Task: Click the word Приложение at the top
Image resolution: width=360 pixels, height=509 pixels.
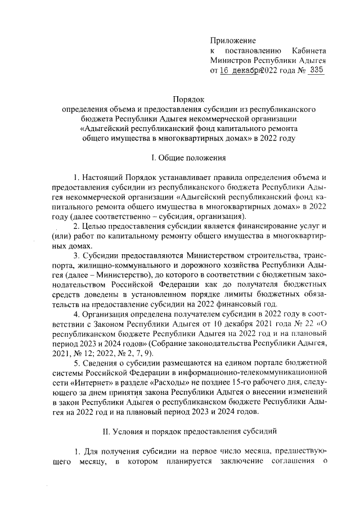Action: point(233,40)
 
